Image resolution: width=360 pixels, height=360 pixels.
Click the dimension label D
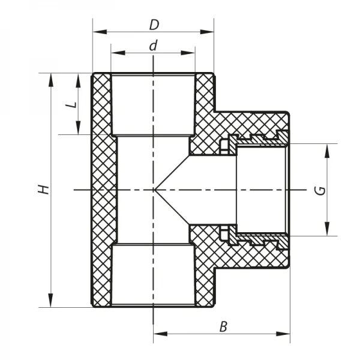point(154,25)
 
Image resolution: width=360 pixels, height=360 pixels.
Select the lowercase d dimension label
point(154,46)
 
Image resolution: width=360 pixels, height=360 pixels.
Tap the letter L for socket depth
point(72,103)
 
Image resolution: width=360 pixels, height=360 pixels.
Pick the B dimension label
point(223,327)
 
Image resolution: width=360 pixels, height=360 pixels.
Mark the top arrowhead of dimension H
point(51,78)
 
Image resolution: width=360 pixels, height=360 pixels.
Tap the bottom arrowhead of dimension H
point(51,302)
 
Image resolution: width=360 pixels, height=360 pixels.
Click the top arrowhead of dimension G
point(327,149)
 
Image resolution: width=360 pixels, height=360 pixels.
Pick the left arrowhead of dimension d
point(116,53)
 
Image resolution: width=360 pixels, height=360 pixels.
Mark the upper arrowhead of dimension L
point(79,78)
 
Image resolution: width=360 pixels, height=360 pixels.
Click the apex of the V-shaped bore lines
point(154,190)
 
